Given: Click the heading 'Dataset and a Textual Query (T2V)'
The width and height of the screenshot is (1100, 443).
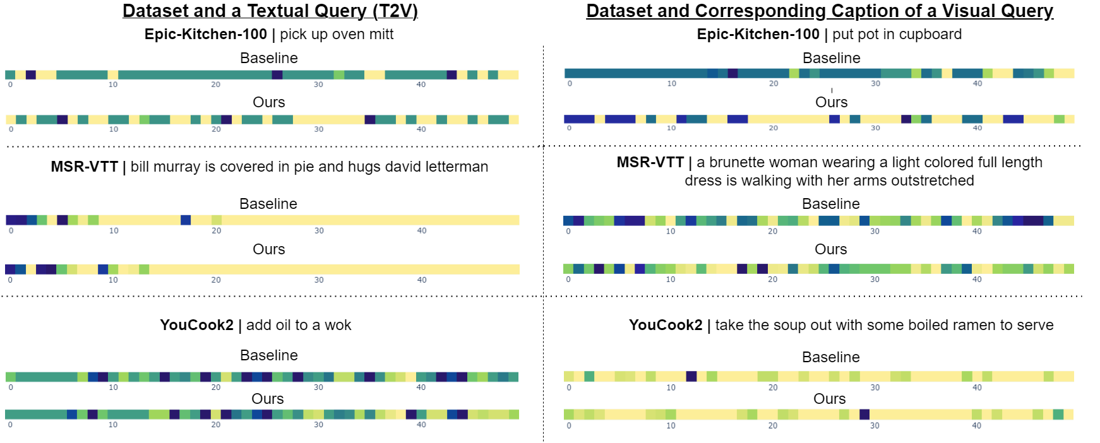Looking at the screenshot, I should (270, 11).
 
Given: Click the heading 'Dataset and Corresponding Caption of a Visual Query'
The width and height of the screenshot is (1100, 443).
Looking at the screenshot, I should (819, 11).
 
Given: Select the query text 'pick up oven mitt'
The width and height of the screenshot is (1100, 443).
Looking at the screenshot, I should (337, 34).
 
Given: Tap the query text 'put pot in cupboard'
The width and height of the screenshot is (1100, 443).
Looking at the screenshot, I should (897, 34).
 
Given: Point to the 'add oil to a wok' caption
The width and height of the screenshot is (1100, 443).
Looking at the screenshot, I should (299, 325).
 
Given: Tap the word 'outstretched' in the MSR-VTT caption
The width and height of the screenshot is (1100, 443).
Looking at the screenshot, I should (933, 180).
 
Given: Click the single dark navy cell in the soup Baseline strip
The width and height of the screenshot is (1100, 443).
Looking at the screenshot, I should (691, 376).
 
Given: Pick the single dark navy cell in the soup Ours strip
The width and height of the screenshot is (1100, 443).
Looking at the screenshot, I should (864, 415).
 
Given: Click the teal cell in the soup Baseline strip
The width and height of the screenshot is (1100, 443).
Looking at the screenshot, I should (589, 376).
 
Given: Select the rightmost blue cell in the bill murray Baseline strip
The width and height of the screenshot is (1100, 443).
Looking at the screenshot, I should (186, 220).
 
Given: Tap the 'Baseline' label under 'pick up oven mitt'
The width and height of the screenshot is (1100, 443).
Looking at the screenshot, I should (269, 58).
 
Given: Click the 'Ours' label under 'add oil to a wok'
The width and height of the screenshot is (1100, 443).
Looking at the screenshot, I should (268, 399).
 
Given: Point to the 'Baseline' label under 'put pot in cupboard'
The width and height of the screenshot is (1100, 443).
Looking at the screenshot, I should (831, 58).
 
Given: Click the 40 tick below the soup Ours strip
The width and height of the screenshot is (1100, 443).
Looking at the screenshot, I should (976, 426).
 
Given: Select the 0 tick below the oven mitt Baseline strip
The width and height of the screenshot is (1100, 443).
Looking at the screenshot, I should (10, 85).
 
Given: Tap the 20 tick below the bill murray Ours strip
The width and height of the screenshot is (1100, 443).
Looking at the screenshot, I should (216, 280).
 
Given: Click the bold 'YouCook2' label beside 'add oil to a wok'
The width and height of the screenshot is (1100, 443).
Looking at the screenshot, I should (196, 325).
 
